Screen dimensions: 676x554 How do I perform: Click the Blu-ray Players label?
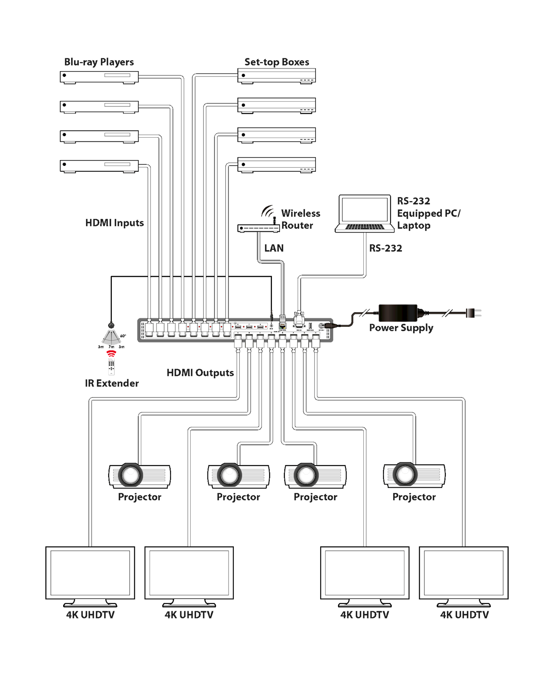pos(99,62)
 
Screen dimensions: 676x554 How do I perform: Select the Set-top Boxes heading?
pos(277,62)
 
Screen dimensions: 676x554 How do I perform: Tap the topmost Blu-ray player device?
pos(99,76)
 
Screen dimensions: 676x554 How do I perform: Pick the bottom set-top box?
pos(276,165)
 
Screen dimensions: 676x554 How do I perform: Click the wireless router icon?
pos(259,228)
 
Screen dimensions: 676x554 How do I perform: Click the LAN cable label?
pos(274,248)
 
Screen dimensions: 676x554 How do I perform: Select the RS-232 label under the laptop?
pos(385,248)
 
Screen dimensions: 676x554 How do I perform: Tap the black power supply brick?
pos(398,313)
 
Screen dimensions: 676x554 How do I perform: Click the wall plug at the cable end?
pos(473,313)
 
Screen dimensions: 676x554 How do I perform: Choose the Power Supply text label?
pos(401,328)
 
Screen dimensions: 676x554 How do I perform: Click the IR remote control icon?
pos(111,366)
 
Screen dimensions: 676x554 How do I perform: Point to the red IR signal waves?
pos(111,353)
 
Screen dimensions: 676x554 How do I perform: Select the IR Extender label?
pos(112,383)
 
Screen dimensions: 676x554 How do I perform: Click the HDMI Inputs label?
pos(115,223)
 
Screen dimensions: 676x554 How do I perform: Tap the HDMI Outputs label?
pos(200,373)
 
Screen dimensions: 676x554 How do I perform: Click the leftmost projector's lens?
pos(130,475)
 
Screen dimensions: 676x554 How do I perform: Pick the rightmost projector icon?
pos(414,475)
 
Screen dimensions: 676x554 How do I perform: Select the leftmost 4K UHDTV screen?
pos(90,573)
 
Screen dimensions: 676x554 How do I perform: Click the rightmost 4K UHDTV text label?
pos(464,615)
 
